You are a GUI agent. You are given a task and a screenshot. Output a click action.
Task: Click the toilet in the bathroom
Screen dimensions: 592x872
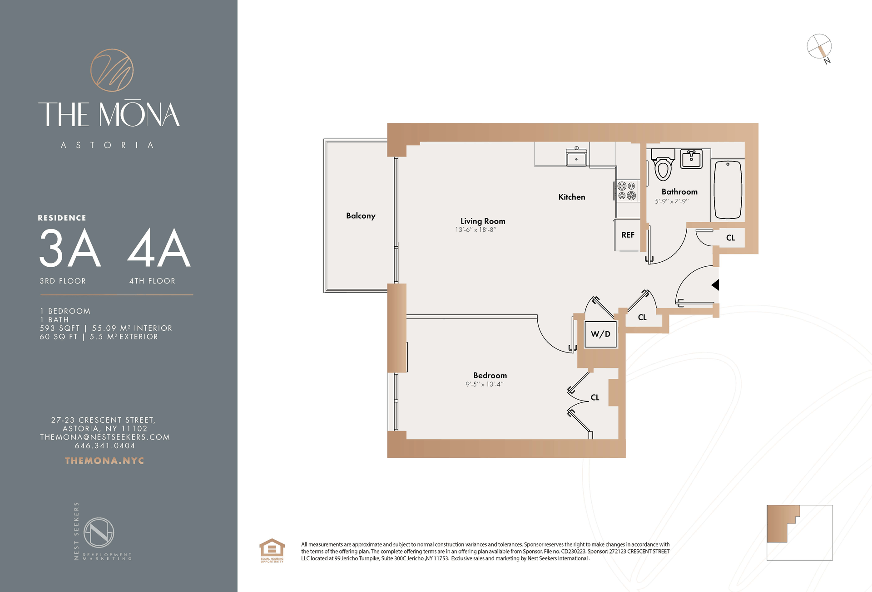click(x=663, y=166)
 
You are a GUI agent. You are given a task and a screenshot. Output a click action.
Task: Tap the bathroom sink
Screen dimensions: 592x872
click(x=691, y=159)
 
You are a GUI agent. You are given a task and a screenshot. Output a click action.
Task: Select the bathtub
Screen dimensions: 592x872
click(x=728, y=190)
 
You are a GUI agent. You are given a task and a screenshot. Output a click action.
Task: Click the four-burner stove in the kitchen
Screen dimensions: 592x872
click(x=626, y=191)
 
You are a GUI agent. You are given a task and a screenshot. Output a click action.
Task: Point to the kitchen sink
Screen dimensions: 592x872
click(x=576, y=158)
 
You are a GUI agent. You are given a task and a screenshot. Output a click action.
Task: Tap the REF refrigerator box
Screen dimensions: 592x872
click(x=628, y=235)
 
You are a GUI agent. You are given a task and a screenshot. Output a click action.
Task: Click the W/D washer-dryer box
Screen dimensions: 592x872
click(x=600, y=334)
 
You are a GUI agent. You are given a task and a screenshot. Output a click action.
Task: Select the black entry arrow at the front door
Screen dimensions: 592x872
click(x=715, y=285)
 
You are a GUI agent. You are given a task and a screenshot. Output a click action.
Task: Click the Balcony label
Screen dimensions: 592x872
click(x=361, y=215)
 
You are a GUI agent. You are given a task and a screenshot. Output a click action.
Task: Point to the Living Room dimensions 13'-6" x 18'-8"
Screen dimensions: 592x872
click(x=476, y=230)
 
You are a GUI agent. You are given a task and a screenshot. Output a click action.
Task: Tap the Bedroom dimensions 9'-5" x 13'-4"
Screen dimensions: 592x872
click(x=484, y=384)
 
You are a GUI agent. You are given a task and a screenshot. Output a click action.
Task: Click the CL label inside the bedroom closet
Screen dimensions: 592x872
click(x=595, y=397)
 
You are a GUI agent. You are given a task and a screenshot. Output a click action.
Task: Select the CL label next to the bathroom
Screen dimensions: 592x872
click(x=730, y=238)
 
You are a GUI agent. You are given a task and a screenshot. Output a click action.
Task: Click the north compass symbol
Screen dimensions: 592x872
click(x=819, y=47)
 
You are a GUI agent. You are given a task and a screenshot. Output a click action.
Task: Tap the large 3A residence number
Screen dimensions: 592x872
click(x=70, y=248)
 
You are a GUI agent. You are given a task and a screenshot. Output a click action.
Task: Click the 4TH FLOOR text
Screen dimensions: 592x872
click(x=152, y=281)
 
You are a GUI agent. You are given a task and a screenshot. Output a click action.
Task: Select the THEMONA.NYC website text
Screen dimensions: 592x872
click(x=104, y=460)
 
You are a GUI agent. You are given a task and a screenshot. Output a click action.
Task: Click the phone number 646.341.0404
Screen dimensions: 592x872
click(x=105, y=446)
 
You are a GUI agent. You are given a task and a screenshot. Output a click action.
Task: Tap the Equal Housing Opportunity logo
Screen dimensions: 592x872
click(x=272, y=550)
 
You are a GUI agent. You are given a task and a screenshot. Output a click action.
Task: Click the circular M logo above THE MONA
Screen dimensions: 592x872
click(x=112, y=70)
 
